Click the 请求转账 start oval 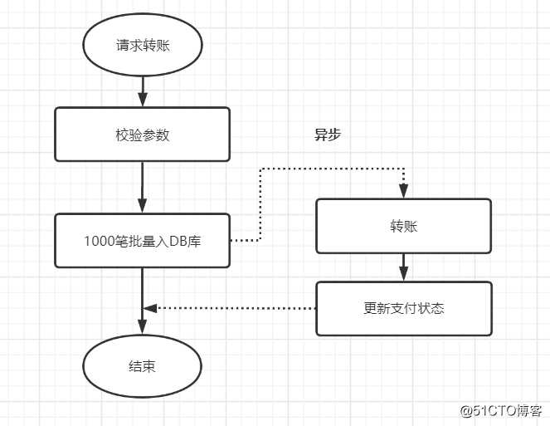click(x=143, y=45)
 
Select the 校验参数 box click(x=142, y=134)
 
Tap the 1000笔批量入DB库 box click(x=142, y=241)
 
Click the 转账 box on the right click(x=403, y=226)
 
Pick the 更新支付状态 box click(x=403, y=308)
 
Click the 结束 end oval click(x=142, y=366)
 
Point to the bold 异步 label click(x=327, y=135)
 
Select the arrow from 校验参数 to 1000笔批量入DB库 click(x=143, y=187)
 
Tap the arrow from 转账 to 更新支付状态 click(x=403, y=267)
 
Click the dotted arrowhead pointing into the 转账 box click(x=403, y=192)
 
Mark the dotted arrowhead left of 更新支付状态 click(x=150, y=308)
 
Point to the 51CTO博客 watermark click(x=501, y=411)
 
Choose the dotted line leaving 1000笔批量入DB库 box click(x=246, y=241)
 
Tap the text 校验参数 click(x=142, y=134)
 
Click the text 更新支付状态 click(x=403, y=308)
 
